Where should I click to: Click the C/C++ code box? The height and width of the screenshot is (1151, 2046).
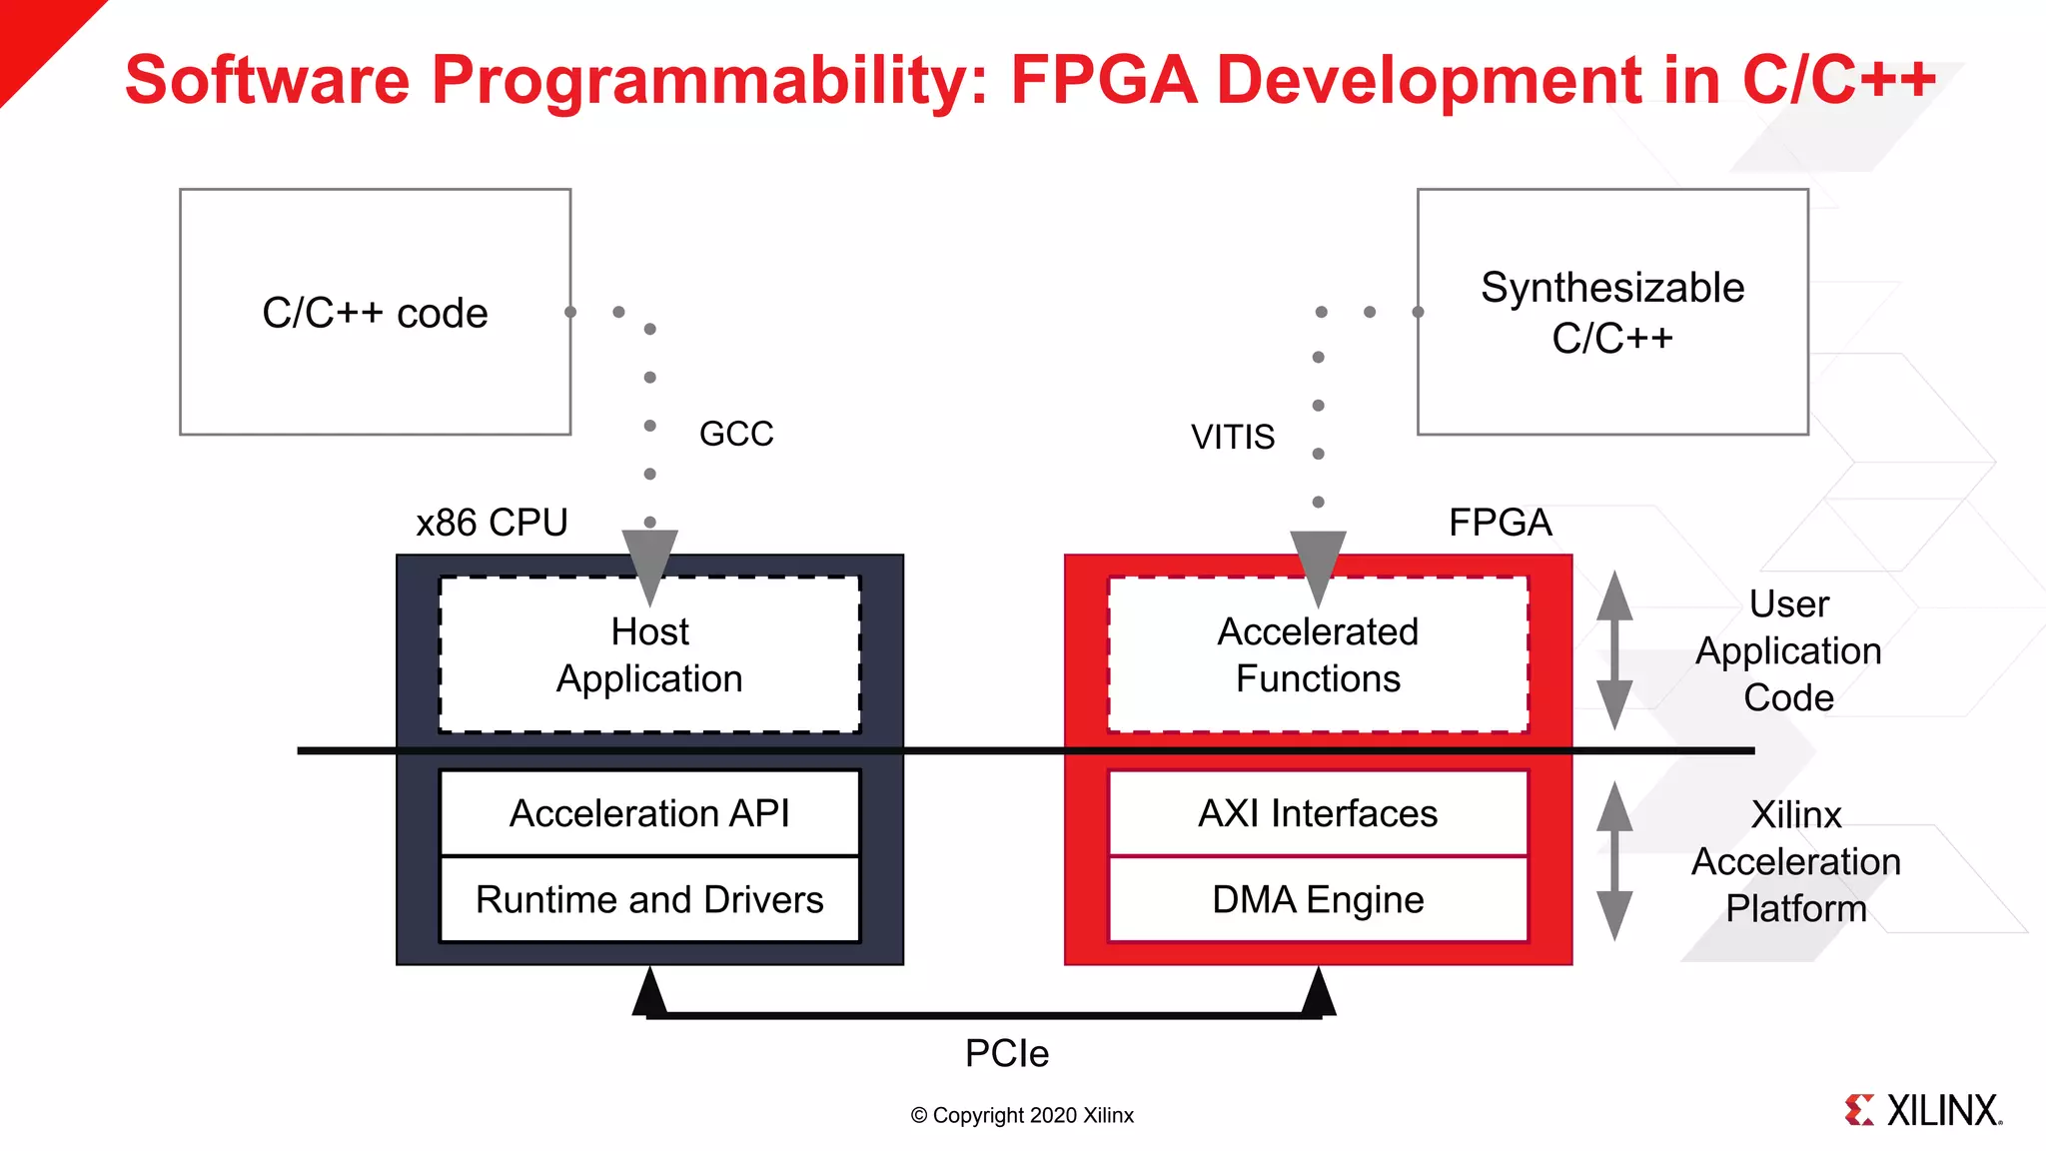pos(375,312)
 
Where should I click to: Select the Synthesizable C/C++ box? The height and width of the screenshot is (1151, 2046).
pos(1611,312)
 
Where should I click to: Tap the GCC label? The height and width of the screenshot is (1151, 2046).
pos(736,434)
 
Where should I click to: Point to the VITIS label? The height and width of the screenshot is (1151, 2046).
pos(1232,437)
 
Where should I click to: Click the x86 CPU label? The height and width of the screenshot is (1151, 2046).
pos(492,523)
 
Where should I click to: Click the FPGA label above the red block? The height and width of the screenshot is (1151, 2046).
pos(1500,523)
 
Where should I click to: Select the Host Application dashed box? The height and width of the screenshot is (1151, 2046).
pos(649,655)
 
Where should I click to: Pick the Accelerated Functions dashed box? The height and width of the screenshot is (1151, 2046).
pos(1318,655)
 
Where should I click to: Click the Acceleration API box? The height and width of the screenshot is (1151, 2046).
pos(649,813)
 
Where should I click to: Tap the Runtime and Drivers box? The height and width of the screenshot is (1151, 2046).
pos(649,899)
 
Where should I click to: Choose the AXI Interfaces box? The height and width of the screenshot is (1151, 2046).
pos(1318,813)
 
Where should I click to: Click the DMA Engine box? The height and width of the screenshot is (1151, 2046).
pos(1318,899)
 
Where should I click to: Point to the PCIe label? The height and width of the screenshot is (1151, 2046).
pos(1006,1053)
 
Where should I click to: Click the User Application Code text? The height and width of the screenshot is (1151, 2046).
pos(1788,650)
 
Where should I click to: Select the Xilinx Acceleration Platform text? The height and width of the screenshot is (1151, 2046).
pos(1795,861)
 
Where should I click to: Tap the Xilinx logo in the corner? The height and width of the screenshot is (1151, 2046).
pos(1923,1110)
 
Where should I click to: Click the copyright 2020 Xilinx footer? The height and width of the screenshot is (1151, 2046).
pos(1022,1115)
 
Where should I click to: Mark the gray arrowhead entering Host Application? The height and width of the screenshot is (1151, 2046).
pos(649,565)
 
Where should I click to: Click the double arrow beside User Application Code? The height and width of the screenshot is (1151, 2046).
pos(1614,650)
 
